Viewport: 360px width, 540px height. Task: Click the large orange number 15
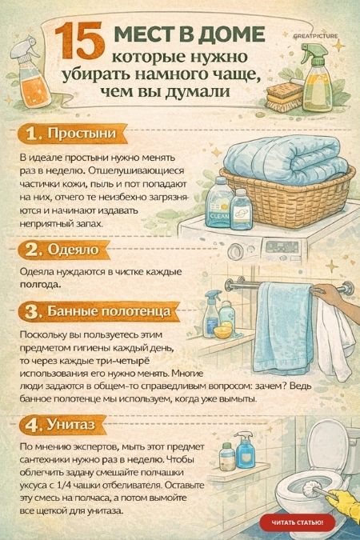[79, 41]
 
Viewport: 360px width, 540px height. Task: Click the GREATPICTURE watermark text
[315, 36]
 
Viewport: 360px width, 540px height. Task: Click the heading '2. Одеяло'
[62, 250]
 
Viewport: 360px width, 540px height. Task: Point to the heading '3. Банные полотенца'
[98, 311]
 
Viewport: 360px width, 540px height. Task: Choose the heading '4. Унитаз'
[59, 425]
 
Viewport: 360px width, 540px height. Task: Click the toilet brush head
[311, 489]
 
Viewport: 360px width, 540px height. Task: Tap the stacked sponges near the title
[284, 97]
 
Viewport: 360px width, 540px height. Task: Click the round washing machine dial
[236, 250]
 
